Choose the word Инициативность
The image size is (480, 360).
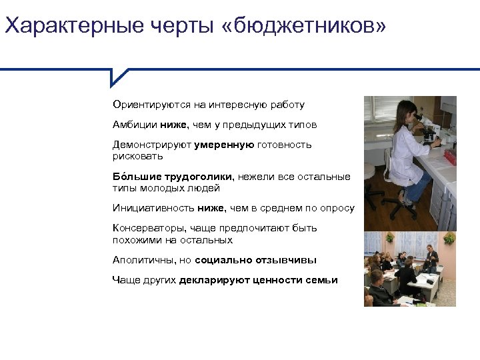pyautogui.click(x=153, y=208)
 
